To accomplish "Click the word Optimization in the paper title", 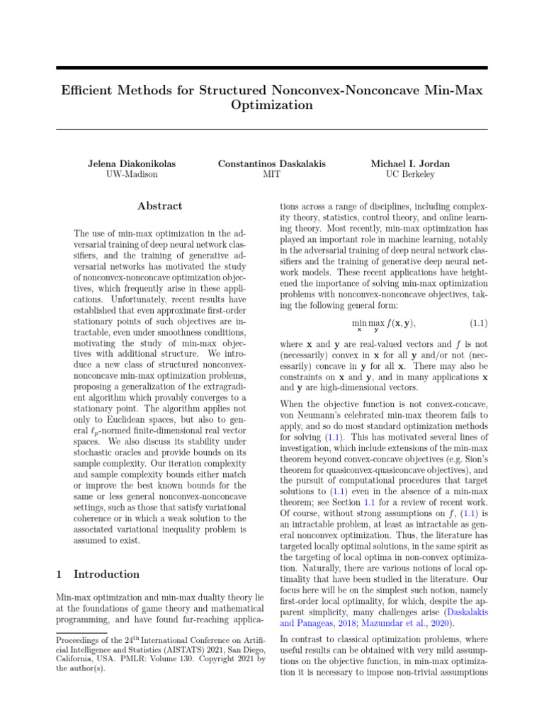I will coord(272,105).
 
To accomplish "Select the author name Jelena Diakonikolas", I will coord(131,164).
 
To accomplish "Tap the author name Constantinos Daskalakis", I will coord(272,164).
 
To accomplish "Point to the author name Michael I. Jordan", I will coord(410,164).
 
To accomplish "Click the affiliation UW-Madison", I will coord(131,174).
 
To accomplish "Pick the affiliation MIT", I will coord(272,174).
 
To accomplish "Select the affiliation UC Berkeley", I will coord(410,174).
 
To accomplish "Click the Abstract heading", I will coord(159,206).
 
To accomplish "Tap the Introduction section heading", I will coord(106,574).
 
